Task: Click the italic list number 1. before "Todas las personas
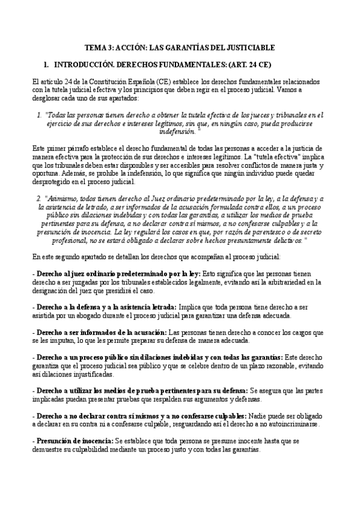tap(40, 114)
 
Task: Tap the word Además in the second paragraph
tap(73, 174)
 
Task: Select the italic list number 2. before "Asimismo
tap(40, 198)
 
